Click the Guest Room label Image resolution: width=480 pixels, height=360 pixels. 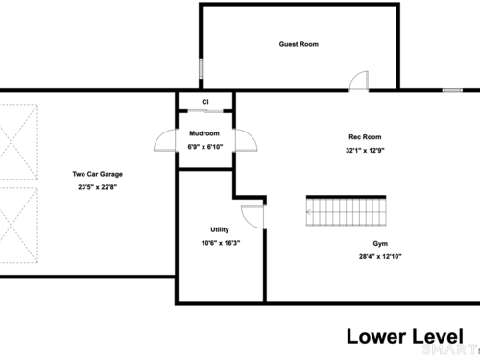[299, 44]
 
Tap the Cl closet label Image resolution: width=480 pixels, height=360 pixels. [205, 102]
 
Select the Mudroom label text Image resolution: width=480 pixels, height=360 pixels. [204, 133]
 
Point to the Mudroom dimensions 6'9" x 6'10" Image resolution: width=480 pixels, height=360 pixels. [205, 147]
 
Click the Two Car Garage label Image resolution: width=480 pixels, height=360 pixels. [98, 174]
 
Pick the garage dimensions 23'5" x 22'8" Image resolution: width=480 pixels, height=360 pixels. [98, 187]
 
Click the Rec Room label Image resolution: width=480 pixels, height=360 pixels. [365, 137]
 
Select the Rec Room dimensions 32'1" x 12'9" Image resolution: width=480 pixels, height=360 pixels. [365, 150]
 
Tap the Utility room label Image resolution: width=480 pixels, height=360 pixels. [220, 229]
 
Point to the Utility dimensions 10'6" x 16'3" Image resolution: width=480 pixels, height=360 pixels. [221, 243]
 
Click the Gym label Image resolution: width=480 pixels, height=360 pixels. [380, 243]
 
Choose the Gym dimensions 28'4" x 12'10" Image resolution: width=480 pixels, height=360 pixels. [380, 256]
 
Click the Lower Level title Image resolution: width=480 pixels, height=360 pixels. [405, 337]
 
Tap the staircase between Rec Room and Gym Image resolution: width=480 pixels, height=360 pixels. [346, 210]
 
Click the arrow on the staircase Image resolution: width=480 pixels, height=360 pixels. [309, 212]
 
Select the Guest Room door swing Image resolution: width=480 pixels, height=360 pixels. [359, 82]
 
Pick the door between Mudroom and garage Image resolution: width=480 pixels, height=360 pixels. [165, 140]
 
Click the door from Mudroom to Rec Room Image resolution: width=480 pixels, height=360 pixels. [247, 140]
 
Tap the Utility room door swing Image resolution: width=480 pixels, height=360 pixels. [252, 217]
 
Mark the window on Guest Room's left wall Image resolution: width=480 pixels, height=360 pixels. [201, 68]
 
